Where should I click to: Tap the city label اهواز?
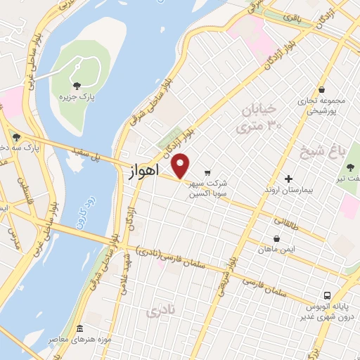tap(146, 171)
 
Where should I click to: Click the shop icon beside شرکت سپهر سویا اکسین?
tap(207, 172)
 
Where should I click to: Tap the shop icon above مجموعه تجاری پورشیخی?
tap(321, 90)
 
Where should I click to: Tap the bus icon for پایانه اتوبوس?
tap(327, 295)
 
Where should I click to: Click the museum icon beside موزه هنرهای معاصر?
tap(79, 329)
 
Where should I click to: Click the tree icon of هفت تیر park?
tap(350, 167)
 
